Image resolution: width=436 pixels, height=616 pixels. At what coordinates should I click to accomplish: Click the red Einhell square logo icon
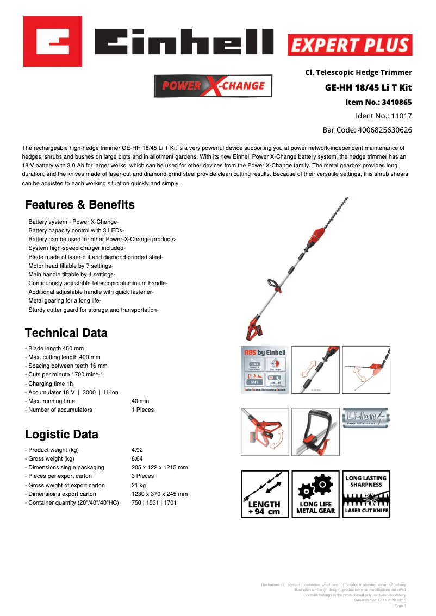tap(52, 41)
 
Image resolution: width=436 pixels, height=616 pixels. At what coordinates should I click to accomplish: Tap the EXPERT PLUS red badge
tap(350, 45)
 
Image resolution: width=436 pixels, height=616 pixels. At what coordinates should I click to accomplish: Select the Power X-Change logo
tap(213, 86)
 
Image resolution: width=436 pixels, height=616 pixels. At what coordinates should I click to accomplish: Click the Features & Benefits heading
tap(80, 205)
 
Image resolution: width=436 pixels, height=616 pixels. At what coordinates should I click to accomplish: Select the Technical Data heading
tap(66, 333)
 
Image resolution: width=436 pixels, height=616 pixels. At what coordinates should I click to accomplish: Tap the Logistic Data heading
tap(62, 435)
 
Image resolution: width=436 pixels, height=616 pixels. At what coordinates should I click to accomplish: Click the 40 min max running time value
tap(140, 401)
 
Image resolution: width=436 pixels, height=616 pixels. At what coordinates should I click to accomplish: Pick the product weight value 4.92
tap(137, 450)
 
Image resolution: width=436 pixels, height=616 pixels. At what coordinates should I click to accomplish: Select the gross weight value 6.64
tap(137, 458)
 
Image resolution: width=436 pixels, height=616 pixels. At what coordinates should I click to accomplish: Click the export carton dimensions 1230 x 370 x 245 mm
tap(159, 494)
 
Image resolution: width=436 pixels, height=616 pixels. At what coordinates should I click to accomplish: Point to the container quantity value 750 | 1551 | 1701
tap(154, 502)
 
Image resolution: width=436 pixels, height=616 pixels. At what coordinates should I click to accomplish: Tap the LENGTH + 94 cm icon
tap(264, 494)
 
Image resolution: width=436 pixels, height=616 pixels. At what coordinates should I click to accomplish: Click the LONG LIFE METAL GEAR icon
tap(315, 494)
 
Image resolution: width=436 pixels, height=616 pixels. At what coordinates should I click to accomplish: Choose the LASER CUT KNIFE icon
tap(366, 494)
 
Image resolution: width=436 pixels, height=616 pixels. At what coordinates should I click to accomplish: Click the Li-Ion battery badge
tap(366, 418)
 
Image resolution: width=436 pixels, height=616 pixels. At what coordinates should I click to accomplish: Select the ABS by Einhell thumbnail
tap(264, 370)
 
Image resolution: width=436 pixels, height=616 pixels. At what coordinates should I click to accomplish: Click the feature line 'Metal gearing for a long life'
tap(65, 300)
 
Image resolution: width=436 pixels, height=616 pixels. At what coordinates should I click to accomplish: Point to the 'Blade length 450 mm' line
tap(54, 348)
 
